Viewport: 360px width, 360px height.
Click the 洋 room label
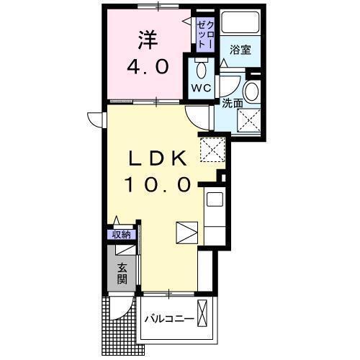150,38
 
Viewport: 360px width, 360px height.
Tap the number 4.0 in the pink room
149,67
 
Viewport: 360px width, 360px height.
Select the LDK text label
159,157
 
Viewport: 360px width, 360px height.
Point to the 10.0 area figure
159,184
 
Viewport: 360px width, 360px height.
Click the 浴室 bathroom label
240,50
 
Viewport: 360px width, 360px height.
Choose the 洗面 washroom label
232,103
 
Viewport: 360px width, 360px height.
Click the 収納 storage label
121,234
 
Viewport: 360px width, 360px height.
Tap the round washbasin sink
252,92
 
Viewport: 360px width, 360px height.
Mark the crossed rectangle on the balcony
204,317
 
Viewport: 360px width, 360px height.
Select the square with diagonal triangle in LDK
186,234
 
